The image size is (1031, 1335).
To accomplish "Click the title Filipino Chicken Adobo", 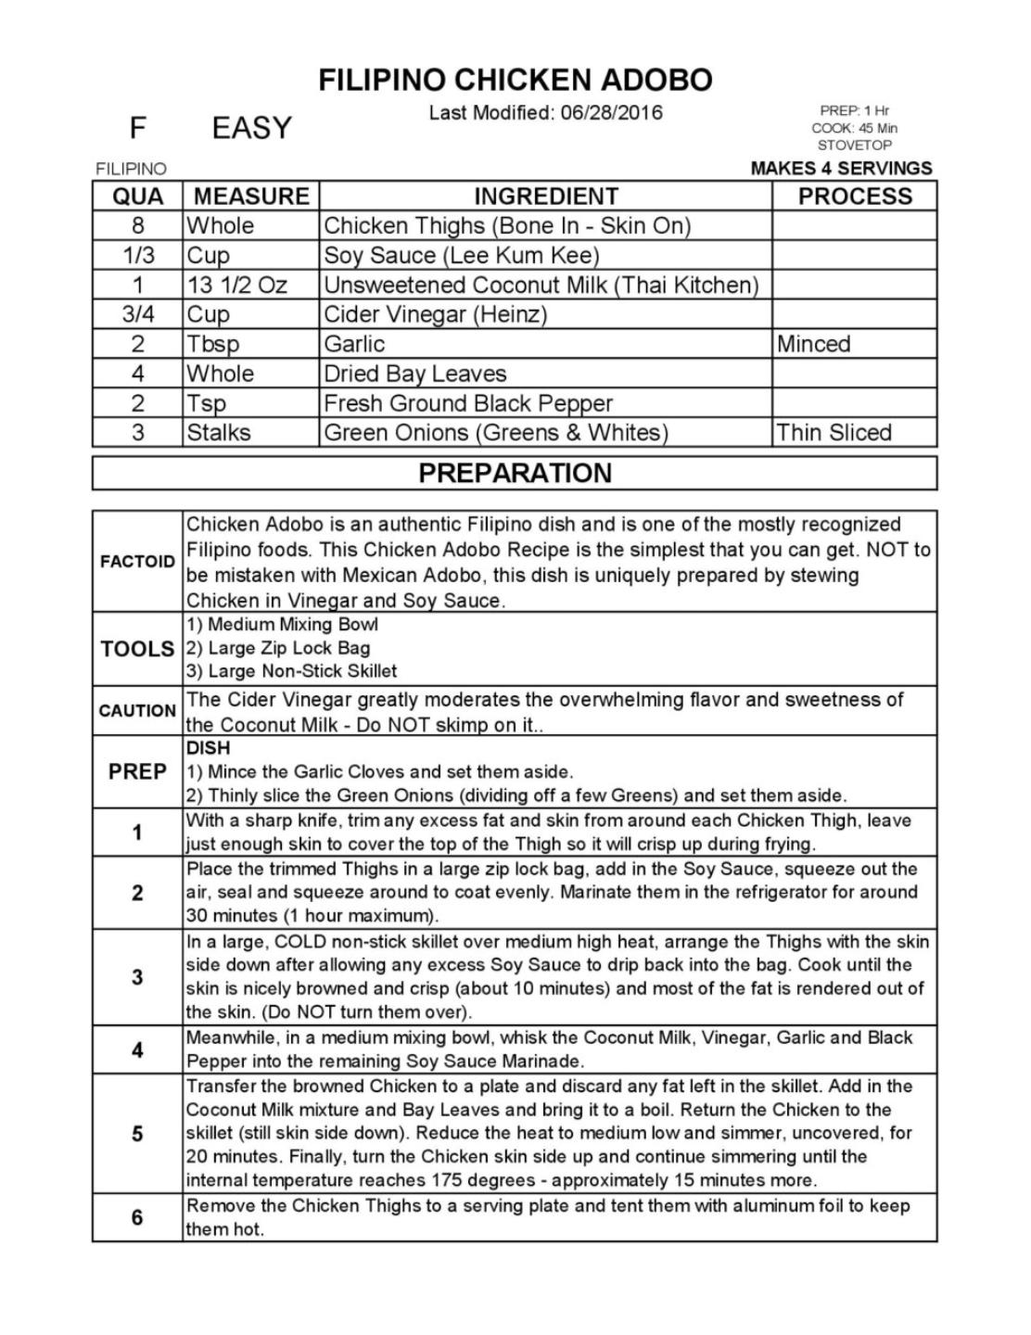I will click(x=515, y=80).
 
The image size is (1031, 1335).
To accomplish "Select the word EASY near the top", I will click(x=251, y=128).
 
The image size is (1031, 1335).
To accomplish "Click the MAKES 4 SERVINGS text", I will click(x=841, y=168).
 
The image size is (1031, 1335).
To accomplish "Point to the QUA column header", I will click(x=137, y=197).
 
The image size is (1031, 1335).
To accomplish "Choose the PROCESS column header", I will click(x=854, y=197).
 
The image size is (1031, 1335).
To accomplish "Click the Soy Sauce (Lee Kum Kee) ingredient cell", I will click(x=462, y=255).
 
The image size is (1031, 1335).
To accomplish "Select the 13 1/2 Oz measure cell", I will click(x=237, y=285).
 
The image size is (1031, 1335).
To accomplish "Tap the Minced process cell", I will click(x=813, y=344).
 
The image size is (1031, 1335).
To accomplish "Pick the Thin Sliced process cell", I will click(x=834, y=432).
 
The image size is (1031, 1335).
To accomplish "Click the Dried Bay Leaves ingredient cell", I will click(x=414, y=374).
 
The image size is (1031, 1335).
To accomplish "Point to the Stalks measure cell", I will click(x=219, y=432).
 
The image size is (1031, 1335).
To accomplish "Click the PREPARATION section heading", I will click(x=515, y=473).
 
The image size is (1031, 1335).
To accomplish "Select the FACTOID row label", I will click(x=137, y=561).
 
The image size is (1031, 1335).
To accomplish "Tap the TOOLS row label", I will click(x=137, y=649).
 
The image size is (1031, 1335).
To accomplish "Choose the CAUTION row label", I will click(x=137, y=711).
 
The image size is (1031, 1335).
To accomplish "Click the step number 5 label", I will click(x=137, y=1134).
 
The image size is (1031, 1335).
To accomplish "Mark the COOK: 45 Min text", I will click(x=854, y=128).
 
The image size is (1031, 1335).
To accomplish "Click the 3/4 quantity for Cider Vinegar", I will click(x=137, y=314).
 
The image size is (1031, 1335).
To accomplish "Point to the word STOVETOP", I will click(x=854, y=146).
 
